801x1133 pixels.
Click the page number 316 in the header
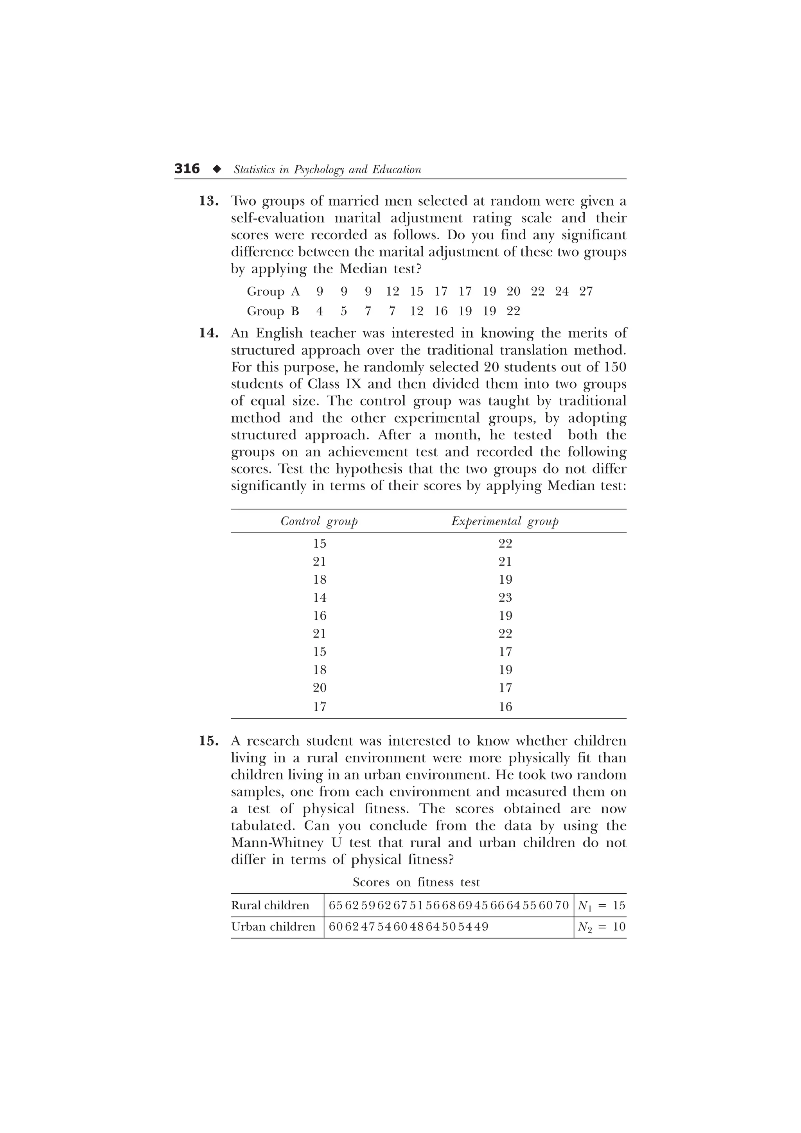point(187,169)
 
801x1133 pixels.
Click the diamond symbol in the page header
point(217,169)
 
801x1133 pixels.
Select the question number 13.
point(209,201)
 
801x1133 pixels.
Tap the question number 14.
point(209,333)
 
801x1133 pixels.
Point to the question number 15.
point(209,741)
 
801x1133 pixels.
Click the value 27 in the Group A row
point(586,292)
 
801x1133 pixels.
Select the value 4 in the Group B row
point(320,311)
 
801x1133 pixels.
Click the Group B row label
point(273,311)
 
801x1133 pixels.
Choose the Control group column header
point(319,522)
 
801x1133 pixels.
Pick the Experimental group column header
point(505,522)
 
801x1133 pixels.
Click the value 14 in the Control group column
point(320,598)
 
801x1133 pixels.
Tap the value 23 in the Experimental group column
point(505,598)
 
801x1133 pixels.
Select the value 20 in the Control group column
point(320,688)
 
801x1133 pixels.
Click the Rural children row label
point(270,905)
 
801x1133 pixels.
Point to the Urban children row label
point(273,927)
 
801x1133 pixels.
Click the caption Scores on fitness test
point(416,882)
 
